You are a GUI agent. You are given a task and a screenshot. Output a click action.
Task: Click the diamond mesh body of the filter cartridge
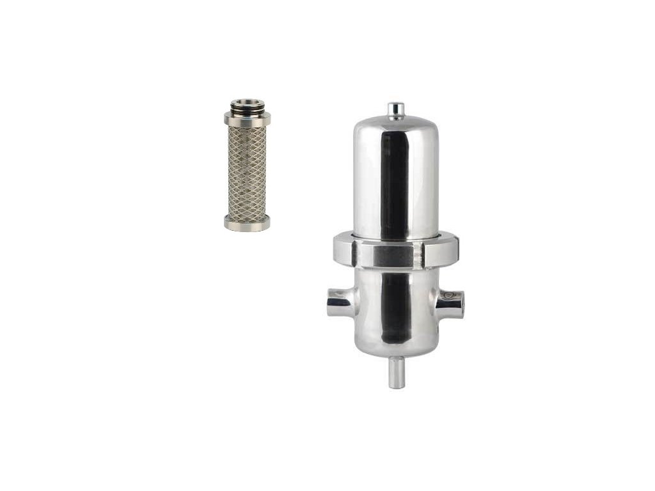point(247,169)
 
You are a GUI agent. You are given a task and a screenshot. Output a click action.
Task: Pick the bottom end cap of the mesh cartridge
point(247,222)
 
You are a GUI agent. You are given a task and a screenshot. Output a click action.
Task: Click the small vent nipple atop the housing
point(396,109)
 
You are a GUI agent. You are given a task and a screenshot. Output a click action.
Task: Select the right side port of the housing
point(454,300)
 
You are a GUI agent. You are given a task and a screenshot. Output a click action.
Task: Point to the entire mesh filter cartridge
point(247,165)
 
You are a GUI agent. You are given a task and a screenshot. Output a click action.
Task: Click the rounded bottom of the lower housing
point(396,348)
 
